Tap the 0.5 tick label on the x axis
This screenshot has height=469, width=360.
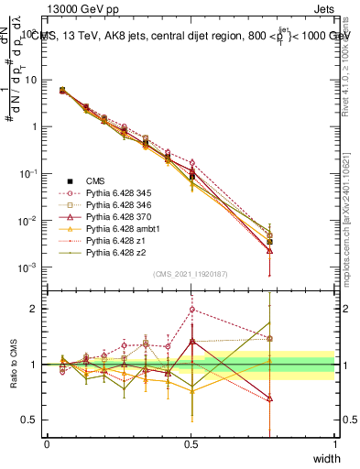pos(191,444)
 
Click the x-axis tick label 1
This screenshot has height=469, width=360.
pos(334,444)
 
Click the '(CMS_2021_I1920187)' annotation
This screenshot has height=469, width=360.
pos(190,274)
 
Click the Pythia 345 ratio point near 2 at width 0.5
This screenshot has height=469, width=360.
pos(191,310)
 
